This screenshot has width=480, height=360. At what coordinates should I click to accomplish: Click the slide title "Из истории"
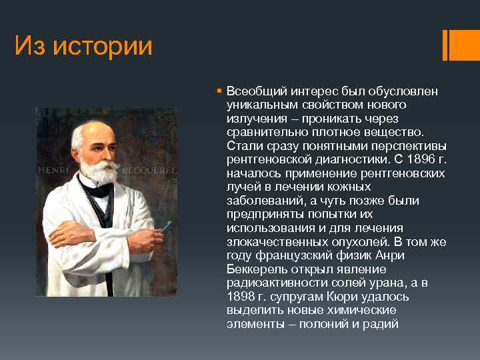83,46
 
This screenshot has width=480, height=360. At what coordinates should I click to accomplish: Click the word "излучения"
252,119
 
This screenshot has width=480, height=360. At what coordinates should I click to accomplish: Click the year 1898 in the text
240,297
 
